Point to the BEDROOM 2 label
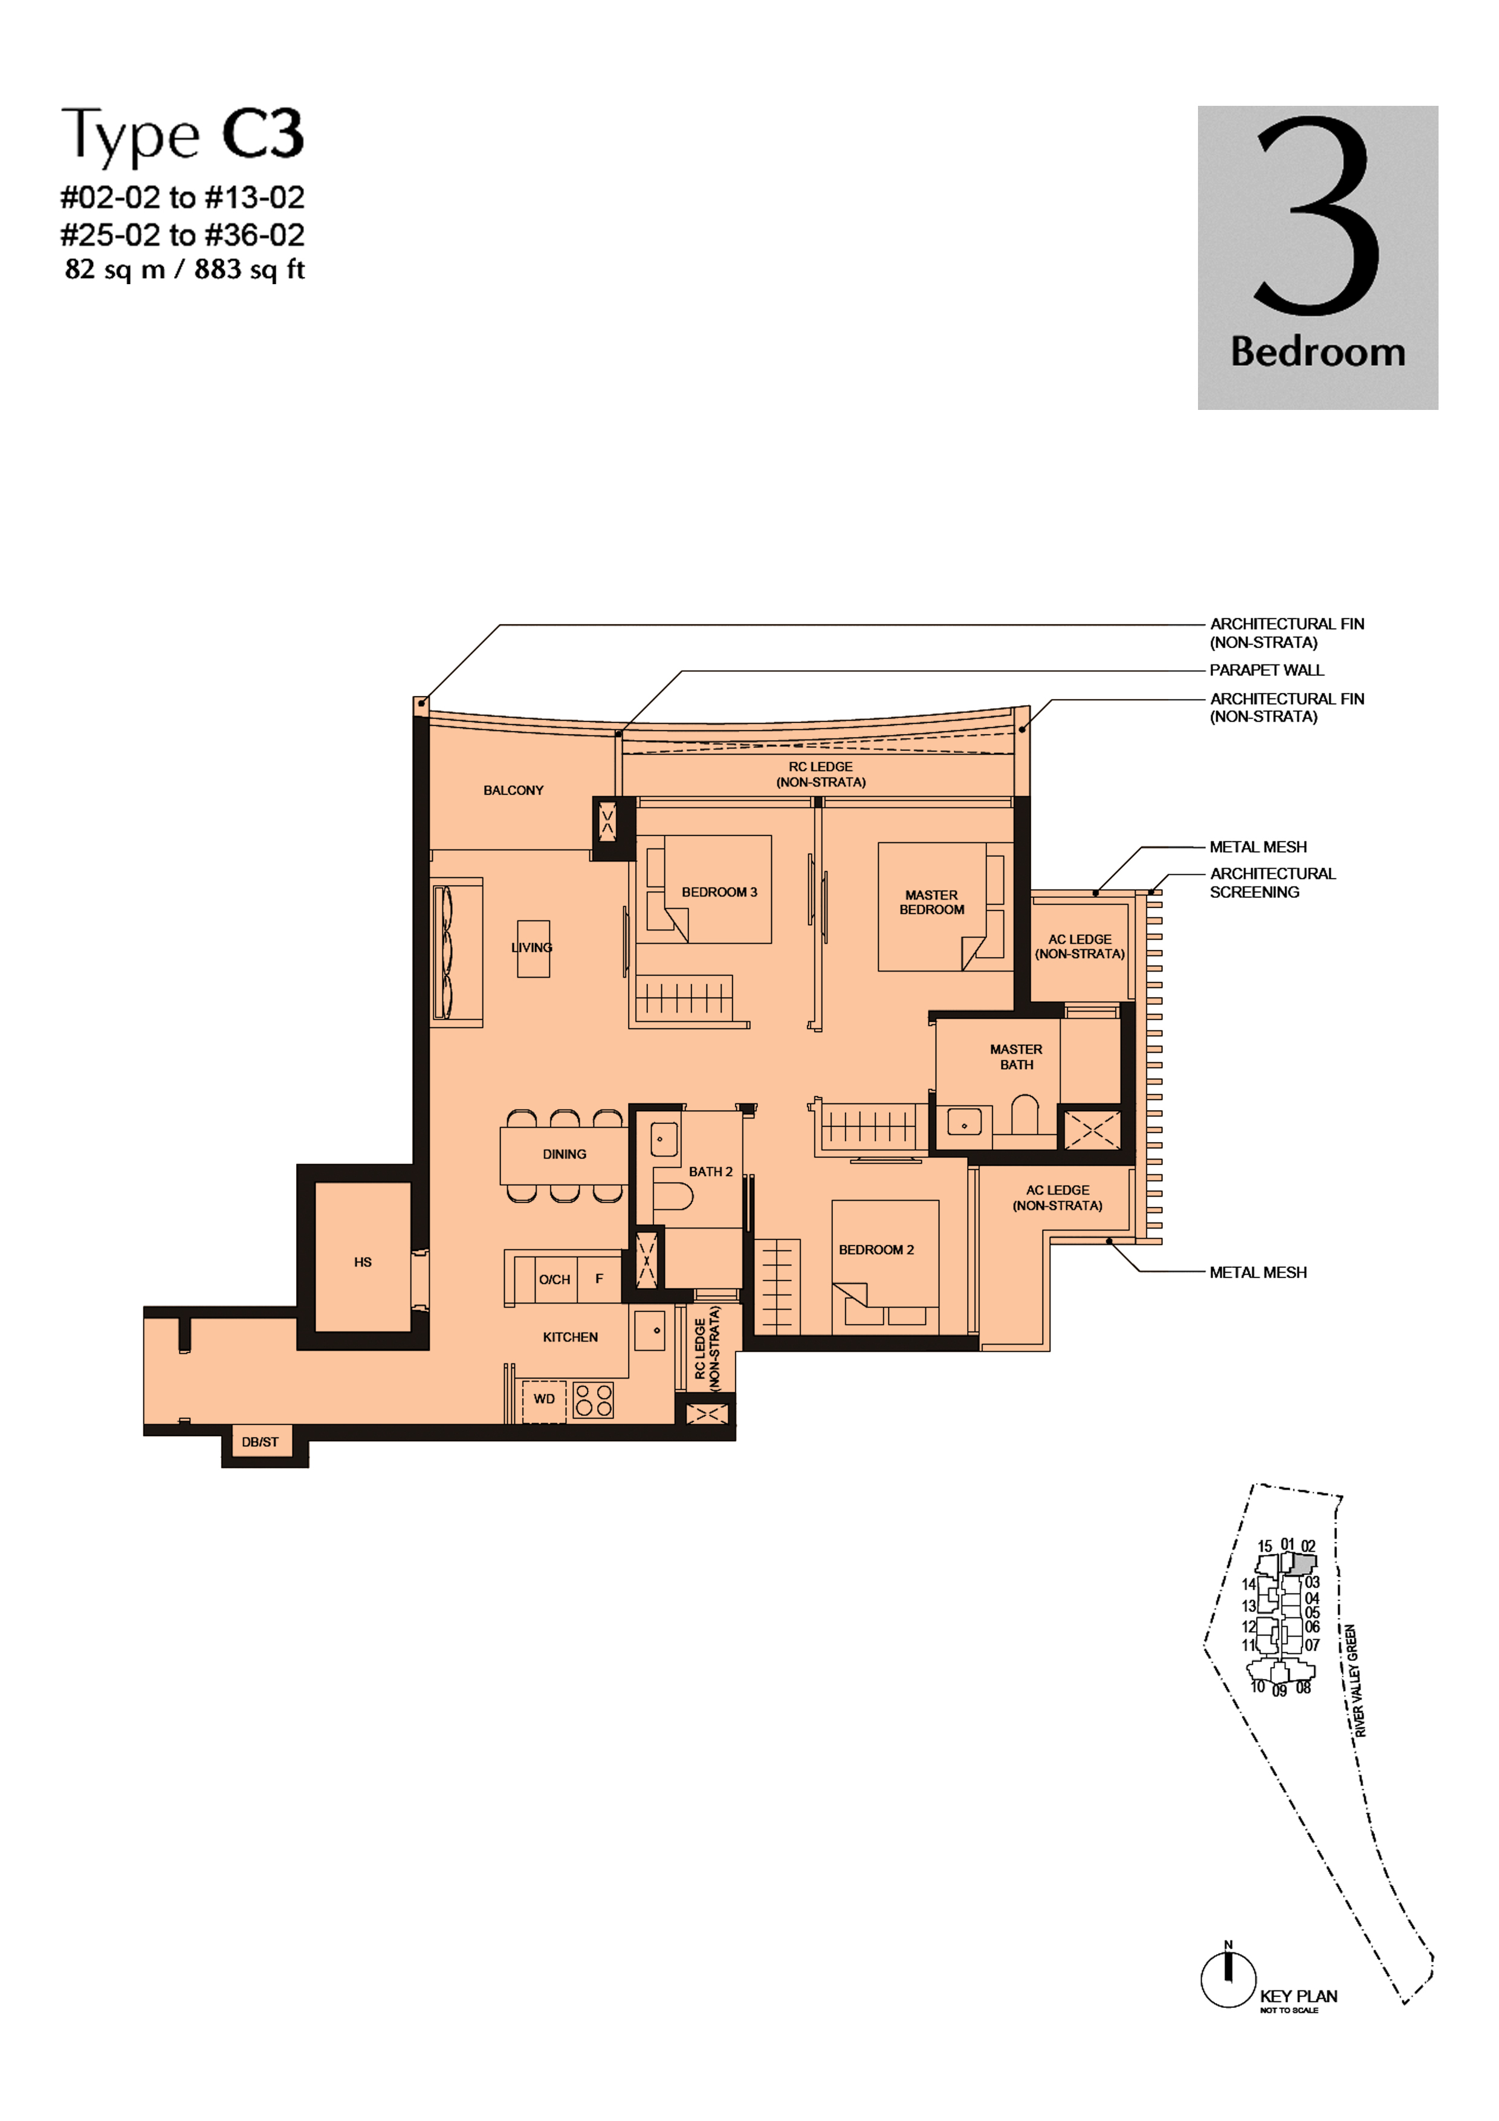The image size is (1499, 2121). coord(876,1249)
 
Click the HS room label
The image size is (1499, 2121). coord(363,1261)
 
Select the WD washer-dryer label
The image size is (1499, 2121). coord(544,1398)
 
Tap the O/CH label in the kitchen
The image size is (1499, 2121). coord(554,1279)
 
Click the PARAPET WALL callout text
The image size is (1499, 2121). coord(1266,670)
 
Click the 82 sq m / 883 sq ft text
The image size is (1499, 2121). coord(185,269)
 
